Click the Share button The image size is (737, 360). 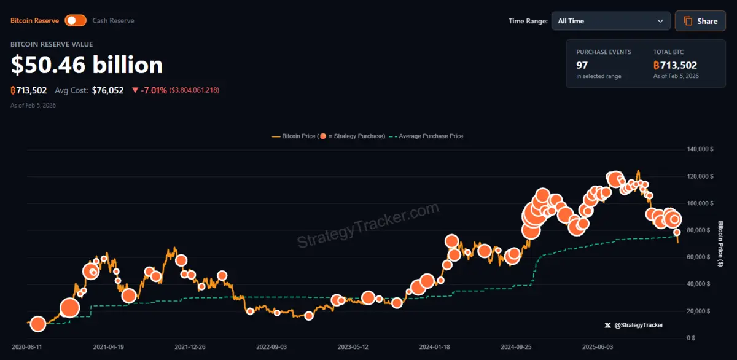point(700,21)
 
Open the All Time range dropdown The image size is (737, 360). point(610,21)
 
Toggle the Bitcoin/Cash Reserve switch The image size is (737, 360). point(76,20)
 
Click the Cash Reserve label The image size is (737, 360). point(113,20)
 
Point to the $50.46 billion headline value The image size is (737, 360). point(87,65)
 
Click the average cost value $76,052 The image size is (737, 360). point(107,90)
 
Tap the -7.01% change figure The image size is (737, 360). point(154,90)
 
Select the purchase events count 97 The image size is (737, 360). point(582,65)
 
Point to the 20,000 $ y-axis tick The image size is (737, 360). point(701,311)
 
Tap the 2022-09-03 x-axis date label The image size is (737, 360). point(271,346)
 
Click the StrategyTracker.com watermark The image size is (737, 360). point(368,226)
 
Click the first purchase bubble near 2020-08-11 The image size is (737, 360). point(38,324)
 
